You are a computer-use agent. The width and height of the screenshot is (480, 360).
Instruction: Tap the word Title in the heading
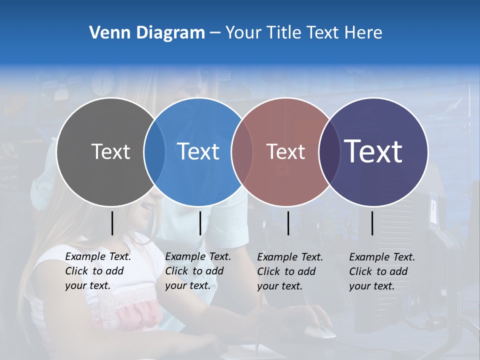tap(286, 33)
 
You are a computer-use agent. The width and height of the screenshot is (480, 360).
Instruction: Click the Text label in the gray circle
tap(110, 151)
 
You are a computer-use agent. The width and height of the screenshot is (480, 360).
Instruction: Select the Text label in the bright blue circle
tap(198, 151)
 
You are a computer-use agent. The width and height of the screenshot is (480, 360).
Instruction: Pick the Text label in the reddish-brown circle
tap(285, 151)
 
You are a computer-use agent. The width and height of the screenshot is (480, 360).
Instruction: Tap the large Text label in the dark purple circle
tap(373, 151)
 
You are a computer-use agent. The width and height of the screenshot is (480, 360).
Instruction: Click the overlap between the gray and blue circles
tap(154, 151)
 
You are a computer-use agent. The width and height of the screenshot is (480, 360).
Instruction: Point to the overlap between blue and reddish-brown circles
tap(242, 151)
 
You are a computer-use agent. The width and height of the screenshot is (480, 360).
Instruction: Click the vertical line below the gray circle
tap(112, 223)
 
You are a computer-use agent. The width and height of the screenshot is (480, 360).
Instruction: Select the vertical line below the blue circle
tap(200, 223)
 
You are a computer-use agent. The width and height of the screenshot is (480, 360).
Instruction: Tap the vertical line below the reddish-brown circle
tap(288, 223)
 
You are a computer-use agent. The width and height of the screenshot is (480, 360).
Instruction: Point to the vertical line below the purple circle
tap(372, 223)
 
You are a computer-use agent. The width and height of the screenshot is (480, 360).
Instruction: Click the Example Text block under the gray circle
tap(98, 271)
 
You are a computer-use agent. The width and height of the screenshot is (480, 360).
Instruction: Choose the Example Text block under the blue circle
tap(198, 271)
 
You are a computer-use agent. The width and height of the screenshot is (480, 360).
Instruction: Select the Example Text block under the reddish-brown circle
tap(290, 271)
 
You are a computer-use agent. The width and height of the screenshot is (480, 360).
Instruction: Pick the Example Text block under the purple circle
tap(382, 271)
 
